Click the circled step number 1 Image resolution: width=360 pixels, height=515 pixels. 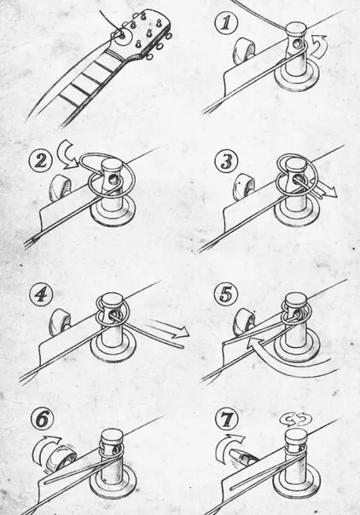225,24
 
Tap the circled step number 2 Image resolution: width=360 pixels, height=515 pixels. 40,160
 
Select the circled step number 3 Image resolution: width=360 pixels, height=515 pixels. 226,162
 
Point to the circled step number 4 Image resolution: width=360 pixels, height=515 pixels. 40,295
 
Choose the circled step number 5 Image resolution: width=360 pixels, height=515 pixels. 225,294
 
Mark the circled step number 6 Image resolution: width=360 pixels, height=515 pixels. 43,420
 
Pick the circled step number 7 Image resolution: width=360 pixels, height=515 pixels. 227,420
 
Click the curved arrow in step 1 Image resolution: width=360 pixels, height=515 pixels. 319,48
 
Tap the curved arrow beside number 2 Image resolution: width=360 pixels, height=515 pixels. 66,154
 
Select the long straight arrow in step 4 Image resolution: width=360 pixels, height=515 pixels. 167,328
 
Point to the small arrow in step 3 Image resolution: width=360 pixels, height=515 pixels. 325,190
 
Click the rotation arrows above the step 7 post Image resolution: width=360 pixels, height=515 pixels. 295,420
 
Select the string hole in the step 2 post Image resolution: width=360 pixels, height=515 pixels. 113,180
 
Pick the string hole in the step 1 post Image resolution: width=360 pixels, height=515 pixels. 298,43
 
